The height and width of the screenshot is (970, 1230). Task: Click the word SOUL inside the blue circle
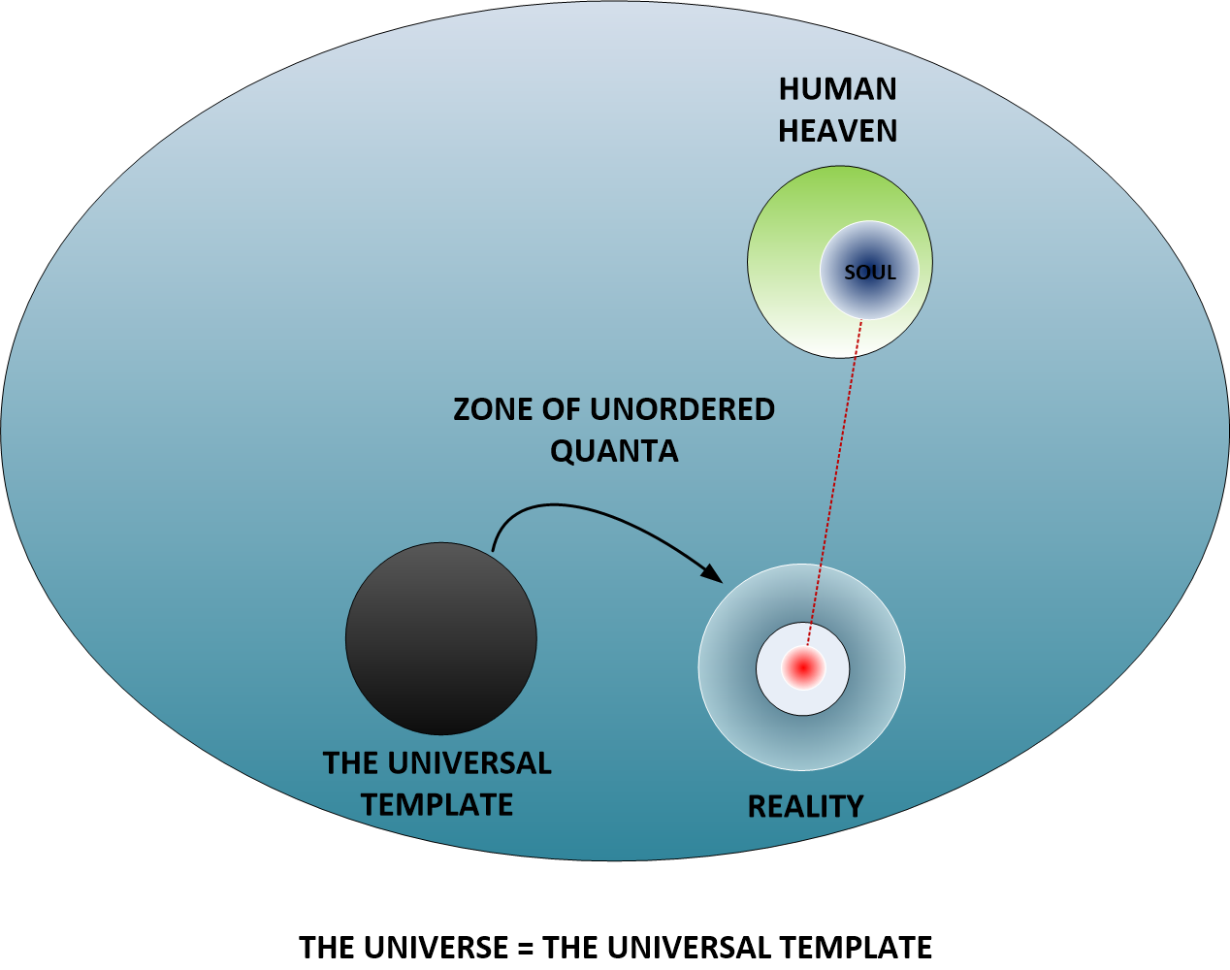coord(869,273)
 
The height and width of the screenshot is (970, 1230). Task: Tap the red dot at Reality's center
coord(803,667)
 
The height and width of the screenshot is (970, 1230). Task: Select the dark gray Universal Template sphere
coord(440,639)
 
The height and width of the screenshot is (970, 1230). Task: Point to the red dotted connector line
coord(833,485)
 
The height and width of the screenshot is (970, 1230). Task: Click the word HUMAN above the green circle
coord(838,89)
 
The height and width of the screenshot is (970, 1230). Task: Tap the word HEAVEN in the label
coord(838,131)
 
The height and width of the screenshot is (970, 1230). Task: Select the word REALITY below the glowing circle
coord(805,806)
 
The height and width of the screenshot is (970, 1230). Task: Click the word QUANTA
coord(614,451)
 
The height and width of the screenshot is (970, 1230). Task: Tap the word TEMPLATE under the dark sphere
coord(437,804)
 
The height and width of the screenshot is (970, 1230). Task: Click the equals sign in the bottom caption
coord(525,947)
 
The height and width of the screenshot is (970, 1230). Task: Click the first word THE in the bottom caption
coord(326,947)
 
